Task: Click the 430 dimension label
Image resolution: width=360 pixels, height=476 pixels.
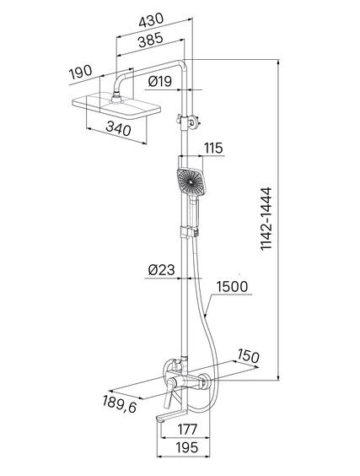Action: [x=151, y=20]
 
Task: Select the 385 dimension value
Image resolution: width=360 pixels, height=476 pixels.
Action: [x=151, y=40]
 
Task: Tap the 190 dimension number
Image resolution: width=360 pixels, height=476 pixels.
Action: [x=81, y=72]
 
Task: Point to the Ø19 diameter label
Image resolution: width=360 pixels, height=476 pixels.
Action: [x=160, y=81]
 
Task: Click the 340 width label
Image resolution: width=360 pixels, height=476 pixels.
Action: [x=119, y=129]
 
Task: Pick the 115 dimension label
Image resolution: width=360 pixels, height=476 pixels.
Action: [x=213, y=149]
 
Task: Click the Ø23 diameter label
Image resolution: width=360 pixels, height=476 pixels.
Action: [x=162, y=269]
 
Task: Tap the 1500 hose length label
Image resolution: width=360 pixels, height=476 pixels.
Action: [x=233, y=287]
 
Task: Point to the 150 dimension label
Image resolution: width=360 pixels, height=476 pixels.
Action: [x=248, y=356]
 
